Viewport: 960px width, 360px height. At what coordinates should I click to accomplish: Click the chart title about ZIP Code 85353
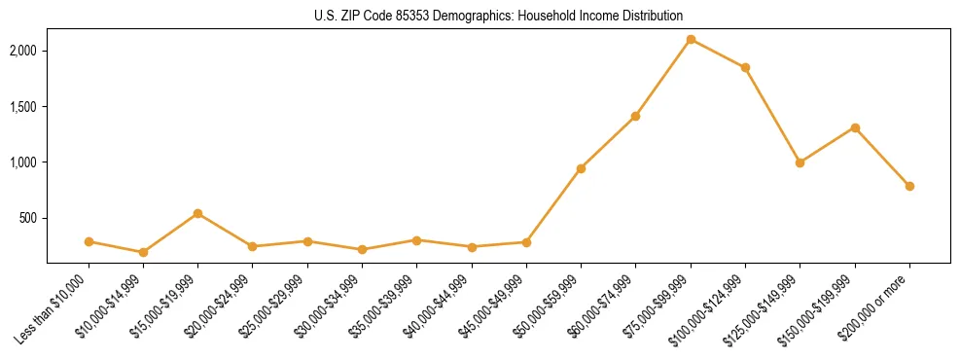point(498,16)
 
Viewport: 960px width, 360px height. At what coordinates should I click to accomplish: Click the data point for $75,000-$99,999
point(691,39)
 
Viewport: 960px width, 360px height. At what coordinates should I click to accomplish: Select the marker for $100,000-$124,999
point(745,67)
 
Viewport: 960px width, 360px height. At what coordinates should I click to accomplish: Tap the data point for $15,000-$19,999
point(197,213)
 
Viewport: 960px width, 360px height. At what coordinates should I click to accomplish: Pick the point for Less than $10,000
point(89,241)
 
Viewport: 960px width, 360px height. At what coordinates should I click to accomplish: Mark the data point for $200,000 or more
point(909,186)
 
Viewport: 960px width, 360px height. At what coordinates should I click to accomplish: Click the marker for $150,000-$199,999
point(855,127)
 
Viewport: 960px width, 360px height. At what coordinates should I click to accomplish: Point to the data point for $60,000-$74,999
point(635,116)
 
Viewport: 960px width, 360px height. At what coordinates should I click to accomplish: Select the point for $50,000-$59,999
point(581,168)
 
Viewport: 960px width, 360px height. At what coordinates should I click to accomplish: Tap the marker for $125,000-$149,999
point(800,162)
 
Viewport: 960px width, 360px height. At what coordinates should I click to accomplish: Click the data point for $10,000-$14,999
point(143,252)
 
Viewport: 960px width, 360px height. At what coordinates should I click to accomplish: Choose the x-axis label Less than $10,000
point(56,307)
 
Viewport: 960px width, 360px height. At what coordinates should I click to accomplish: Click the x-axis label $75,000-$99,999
point(660,306)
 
